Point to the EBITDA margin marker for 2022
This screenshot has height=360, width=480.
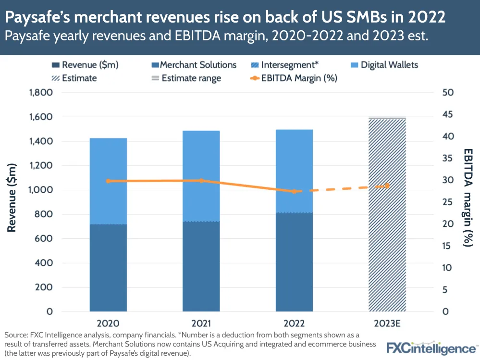294,191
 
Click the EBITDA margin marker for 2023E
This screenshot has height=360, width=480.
387,186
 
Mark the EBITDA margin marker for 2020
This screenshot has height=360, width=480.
108,181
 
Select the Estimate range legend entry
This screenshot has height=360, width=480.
185,78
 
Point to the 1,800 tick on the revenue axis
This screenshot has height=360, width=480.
40,93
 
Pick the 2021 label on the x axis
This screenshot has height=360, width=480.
201,323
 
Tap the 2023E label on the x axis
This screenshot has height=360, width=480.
387,323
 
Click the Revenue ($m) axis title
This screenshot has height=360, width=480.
12,197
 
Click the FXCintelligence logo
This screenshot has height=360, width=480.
431,348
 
